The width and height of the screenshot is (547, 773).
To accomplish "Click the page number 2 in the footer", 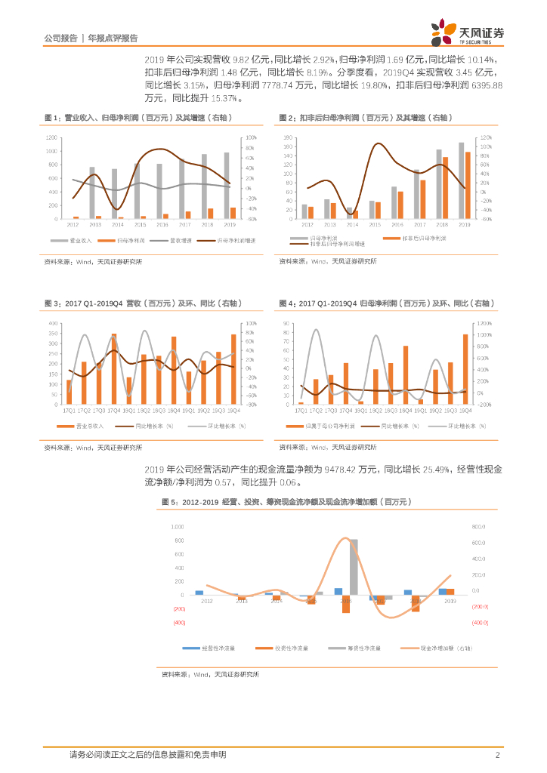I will click(498, 754).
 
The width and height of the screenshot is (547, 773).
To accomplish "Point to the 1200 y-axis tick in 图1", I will click(51, 137).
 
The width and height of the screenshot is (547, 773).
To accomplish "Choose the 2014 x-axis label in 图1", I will click(117, 224).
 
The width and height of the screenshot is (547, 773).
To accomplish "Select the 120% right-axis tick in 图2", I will click(486, 137).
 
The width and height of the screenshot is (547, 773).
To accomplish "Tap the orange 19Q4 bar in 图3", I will click(233, 368).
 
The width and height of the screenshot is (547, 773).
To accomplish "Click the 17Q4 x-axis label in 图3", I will click(114, 410).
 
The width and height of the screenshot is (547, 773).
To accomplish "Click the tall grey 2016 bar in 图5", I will click(354, 566).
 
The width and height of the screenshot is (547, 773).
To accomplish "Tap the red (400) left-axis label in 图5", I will click(179, 623).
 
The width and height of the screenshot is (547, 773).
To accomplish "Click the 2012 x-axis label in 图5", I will click(206, 601).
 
